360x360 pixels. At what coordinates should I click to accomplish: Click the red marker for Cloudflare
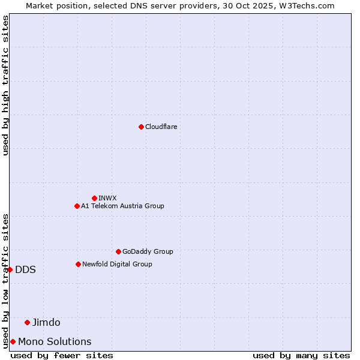[x=141, y=127]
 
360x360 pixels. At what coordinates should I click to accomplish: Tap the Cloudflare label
[x=161, y=127]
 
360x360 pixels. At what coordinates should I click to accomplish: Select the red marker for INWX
[x=94, y=198]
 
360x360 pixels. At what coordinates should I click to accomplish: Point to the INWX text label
[x=107, y=198]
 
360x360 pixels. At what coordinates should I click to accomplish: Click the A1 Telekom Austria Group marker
[x=77, y=206]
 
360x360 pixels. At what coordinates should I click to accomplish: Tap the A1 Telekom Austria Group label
[x=122, y=206]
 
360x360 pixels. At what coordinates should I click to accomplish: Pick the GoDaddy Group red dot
[x=118, y=251]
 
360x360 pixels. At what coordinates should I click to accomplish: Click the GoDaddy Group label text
[x=147, y=251]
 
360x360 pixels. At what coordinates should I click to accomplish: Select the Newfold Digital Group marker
[x=78, y=264]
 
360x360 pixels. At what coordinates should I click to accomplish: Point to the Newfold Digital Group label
[x=117, y=264]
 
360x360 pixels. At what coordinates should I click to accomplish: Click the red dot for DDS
[x=10, y=269]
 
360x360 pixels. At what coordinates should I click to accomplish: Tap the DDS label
[x=25, y=269]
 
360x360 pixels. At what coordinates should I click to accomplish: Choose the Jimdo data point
[x=27, y=322]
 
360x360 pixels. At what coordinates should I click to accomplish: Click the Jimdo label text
[x=46, y=322]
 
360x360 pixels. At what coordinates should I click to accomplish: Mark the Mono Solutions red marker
[x=13, y=341]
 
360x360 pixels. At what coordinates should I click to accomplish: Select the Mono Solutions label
[x=55, y=341]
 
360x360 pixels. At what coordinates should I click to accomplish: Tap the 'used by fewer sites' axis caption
[x=62, y=355]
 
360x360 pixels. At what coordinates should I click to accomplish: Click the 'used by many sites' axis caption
[x=301, y=355]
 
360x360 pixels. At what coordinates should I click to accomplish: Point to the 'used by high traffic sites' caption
[x=5, y=85]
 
